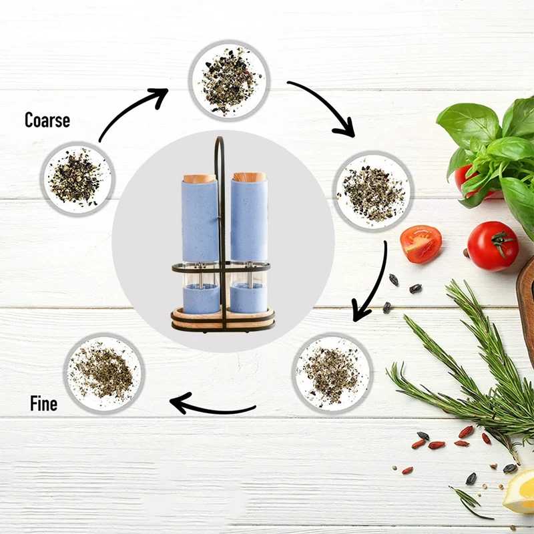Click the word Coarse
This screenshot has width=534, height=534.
pos(47,120)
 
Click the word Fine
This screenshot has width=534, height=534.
pos(43,404)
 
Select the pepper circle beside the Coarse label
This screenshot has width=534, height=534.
pos(76,177)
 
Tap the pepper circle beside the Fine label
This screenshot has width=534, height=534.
pos(103,372)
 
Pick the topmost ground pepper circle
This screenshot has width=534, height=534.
pos(228,81)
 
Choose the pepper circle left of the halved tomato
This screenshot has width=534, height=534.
pos(372,190)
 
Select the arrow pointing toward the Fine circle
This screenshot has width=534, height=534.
pos(212,405)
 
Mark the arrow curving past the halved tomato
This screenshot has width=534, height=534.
pos(374,280)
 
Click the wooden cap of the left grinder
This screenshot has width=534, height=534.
pos(200,179)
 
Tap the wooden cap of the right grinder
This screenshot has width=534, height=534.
pos(249,178)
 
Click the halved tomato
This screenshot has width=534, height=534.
pos(421,243)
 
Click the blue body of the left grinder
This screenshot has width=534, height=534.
pos(200,220)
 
